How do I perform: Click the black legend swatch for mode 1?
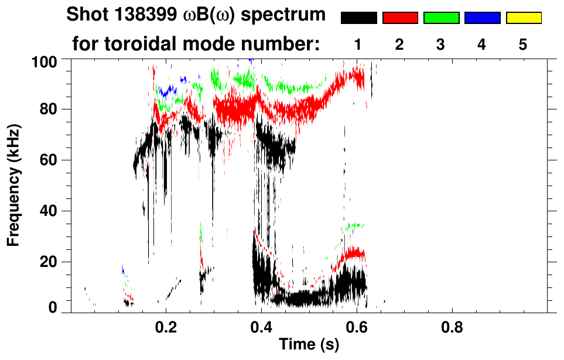coord(358,18)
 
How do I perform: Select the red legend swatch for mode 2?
coord(400,18)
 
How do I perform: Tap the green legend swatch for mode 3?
coord(441,18)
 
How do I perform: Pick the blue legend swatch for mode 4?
coord(482,18)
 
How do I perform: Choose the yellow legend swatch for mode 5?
coord(523,18)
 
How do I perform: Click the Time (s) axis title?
coord(309,345)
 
